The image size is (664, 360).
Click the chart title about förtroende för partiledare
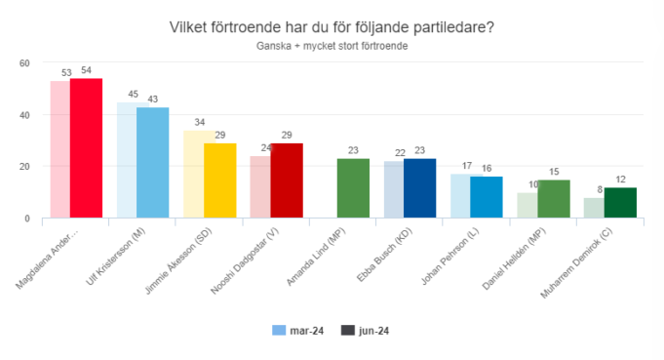pyautogui.click(x=332, y=28)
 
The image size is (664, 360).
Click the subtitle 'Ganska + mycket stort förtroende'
pyautogui.click(x=332, y=46)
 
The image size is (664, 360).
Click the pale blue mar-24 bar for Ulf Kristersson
pyautogui.click(x=127, y=161)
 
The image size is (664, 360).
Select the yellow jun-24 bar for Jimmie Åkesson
pyautogui.click(x=219, y=180)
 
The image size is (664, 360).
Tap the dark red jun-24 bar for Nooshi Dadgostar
pyautogui.click(x=286, y=180)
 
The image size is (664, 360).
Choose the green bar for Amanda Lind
pyautogui.click(x=353, y=188)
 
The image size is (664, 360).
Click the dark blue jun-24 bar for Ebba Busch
pyautogui.click(x=419, y=188)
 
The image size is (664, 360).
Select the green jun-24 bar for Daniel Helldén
pyautogui.click(x=553, y=199)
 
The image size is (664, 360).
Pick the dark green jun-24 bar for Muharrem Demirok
pyautogui.click(x=619, y=203)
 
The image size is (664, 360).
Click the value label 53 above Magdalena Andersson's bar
pyautogui.click(x=65, y=73)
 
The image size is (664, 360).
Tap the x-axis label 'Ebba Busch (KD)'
pyautogui.click(x=403, y=257)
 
